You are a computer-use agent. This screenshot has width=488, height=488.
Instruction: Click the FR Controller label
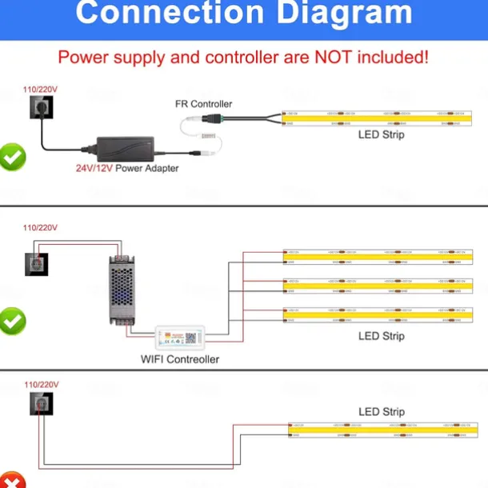[204, 104]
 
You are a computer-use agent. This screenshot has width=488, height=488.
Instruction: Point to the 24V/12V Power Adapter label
[127, 169]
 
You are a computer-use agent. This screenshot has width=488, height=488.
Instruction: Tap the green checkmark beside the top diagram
[13, 157]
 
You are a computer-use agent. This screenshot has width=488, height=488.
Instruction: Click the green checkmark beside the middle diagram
[13, 322]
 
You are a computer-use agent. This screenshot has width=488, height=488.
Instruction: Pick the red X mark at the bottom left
[12, 481]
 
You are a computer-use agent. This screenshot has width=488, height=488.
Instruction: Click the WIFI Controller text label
[180, 359]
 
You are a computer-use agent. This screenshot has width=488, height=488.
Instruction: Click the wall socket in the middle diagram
[36, 264]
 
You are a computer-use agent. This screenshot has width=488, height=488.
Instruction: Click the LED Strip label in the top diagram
[381, 135]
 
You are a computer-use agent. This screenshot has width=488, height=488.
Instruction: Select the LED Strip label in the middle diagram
[381, 336]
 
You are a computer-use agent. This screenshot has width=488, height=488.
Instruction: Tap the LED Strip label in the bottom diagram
[381, 412]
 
